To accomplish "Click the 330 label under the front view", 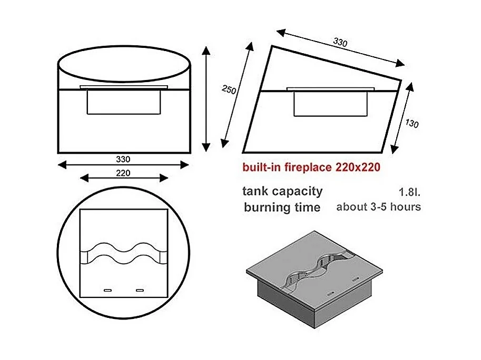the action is point(123,159).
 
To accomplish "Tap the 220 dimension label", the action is point(123,173).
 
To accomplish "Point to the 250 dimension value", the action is point(229,89).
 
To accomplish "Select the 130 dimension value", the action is point(411,124).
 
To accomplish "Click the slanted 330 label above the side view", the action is point(340,42).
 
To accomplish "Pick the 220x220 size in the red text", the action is point(358,167).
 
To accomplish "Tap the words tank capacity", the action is point(282,192).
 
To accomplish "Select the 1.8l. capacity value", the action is point(409,192).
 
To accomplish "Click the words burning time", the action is point(282,207).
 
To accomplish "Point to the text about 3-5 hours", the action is point(379,207).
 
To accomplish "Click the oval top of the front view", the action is point(124,46).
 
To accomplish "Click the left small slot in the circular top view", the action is point(107,290).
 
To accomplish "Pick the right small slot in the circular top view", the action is point(140,290).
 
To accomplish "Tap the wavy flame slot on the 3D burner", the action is point(318,269).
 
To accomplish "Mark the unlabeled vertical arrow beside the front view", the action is point(206,99).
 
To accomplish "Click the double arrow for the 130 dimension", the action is point(402,118).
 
